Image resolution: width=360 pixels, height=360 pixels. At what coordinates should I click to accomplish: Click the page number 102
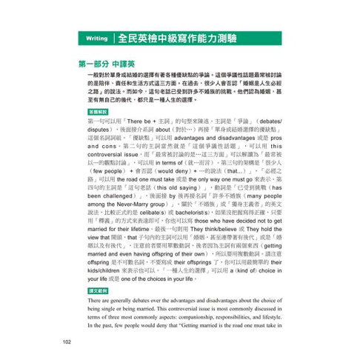coord(67,341)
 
